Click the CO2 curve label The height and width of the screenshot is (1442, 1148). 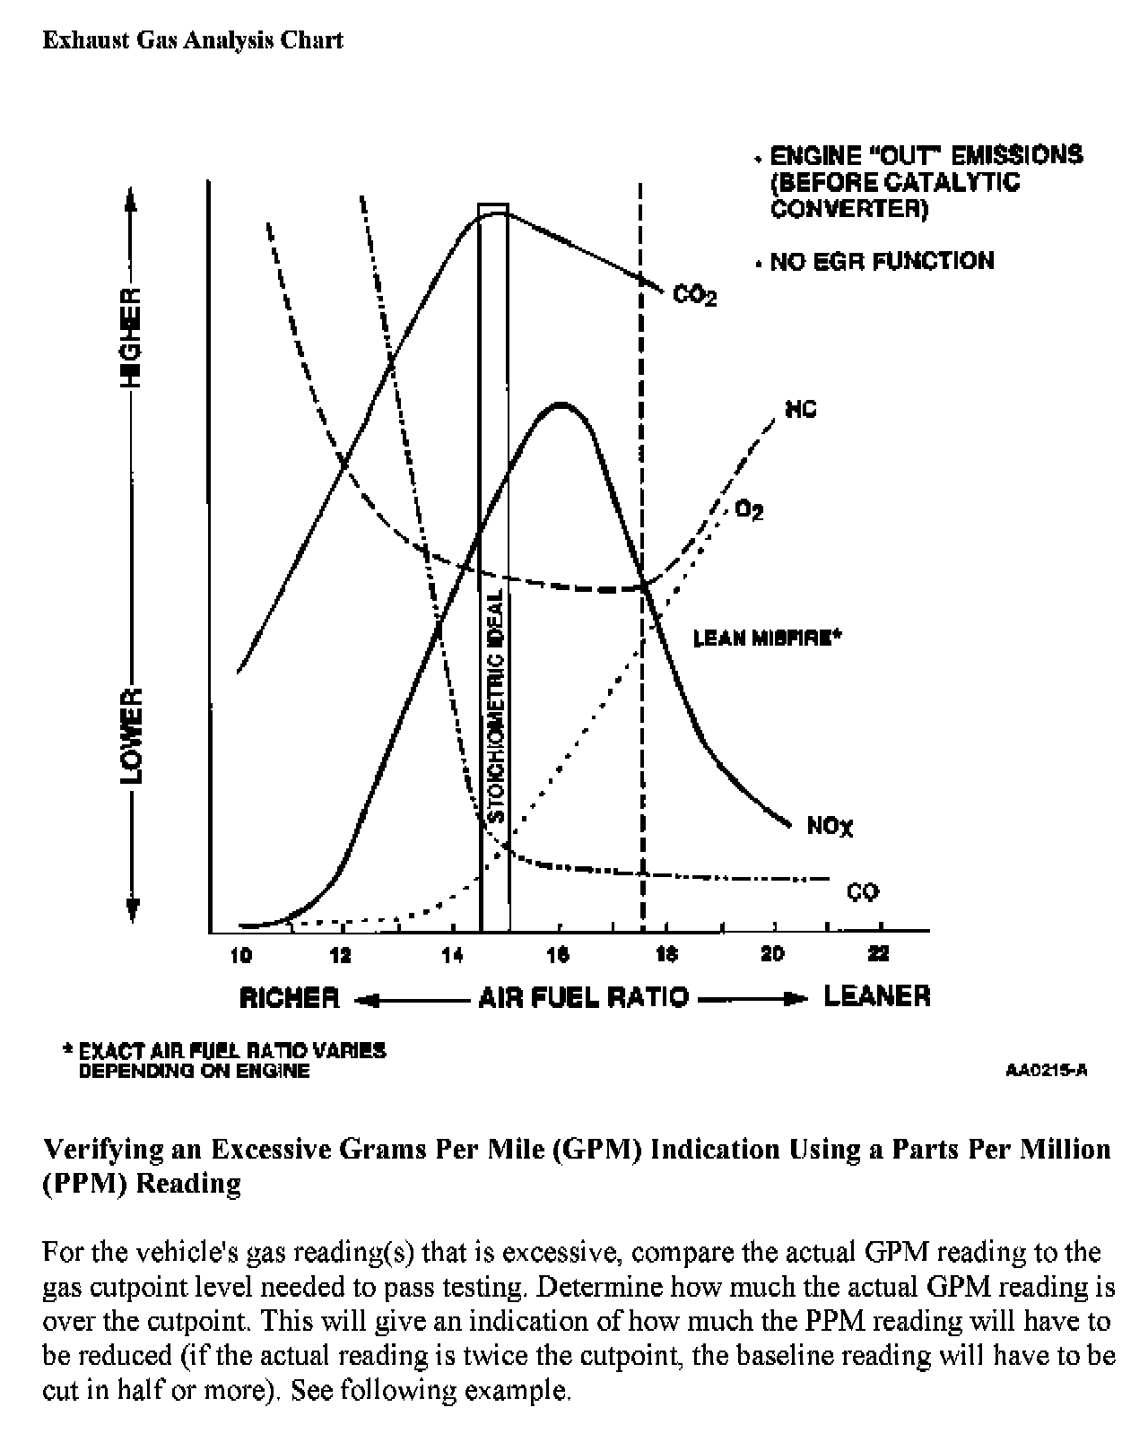694,296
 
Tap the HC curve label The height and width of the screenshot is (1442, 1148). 801,411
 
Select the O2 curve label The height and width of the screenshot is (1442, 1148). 749,510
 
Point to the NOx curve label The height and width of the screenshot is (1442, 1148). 829,826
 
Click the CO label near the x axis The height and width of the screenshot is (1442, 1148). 863,891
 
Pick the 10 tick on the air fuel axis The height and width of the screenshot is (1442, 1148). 241,956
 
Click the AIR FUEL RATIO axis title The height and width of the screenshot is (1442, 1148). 584,997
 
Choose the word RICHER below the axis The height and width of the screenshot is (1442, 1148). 290,997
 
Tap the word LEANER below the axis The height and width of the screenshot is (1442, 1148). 876,996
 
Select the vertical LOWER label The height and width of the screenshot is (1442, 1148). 132,735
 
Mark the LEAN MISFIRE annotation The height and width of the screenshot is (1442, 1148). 768,638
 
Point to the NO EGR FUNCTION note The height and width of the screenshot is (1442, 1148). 882,261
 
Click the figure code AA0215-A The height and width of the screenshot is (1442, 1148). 1047,1070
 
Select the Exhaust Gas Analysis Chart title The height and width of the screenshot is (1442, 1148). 193,40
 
